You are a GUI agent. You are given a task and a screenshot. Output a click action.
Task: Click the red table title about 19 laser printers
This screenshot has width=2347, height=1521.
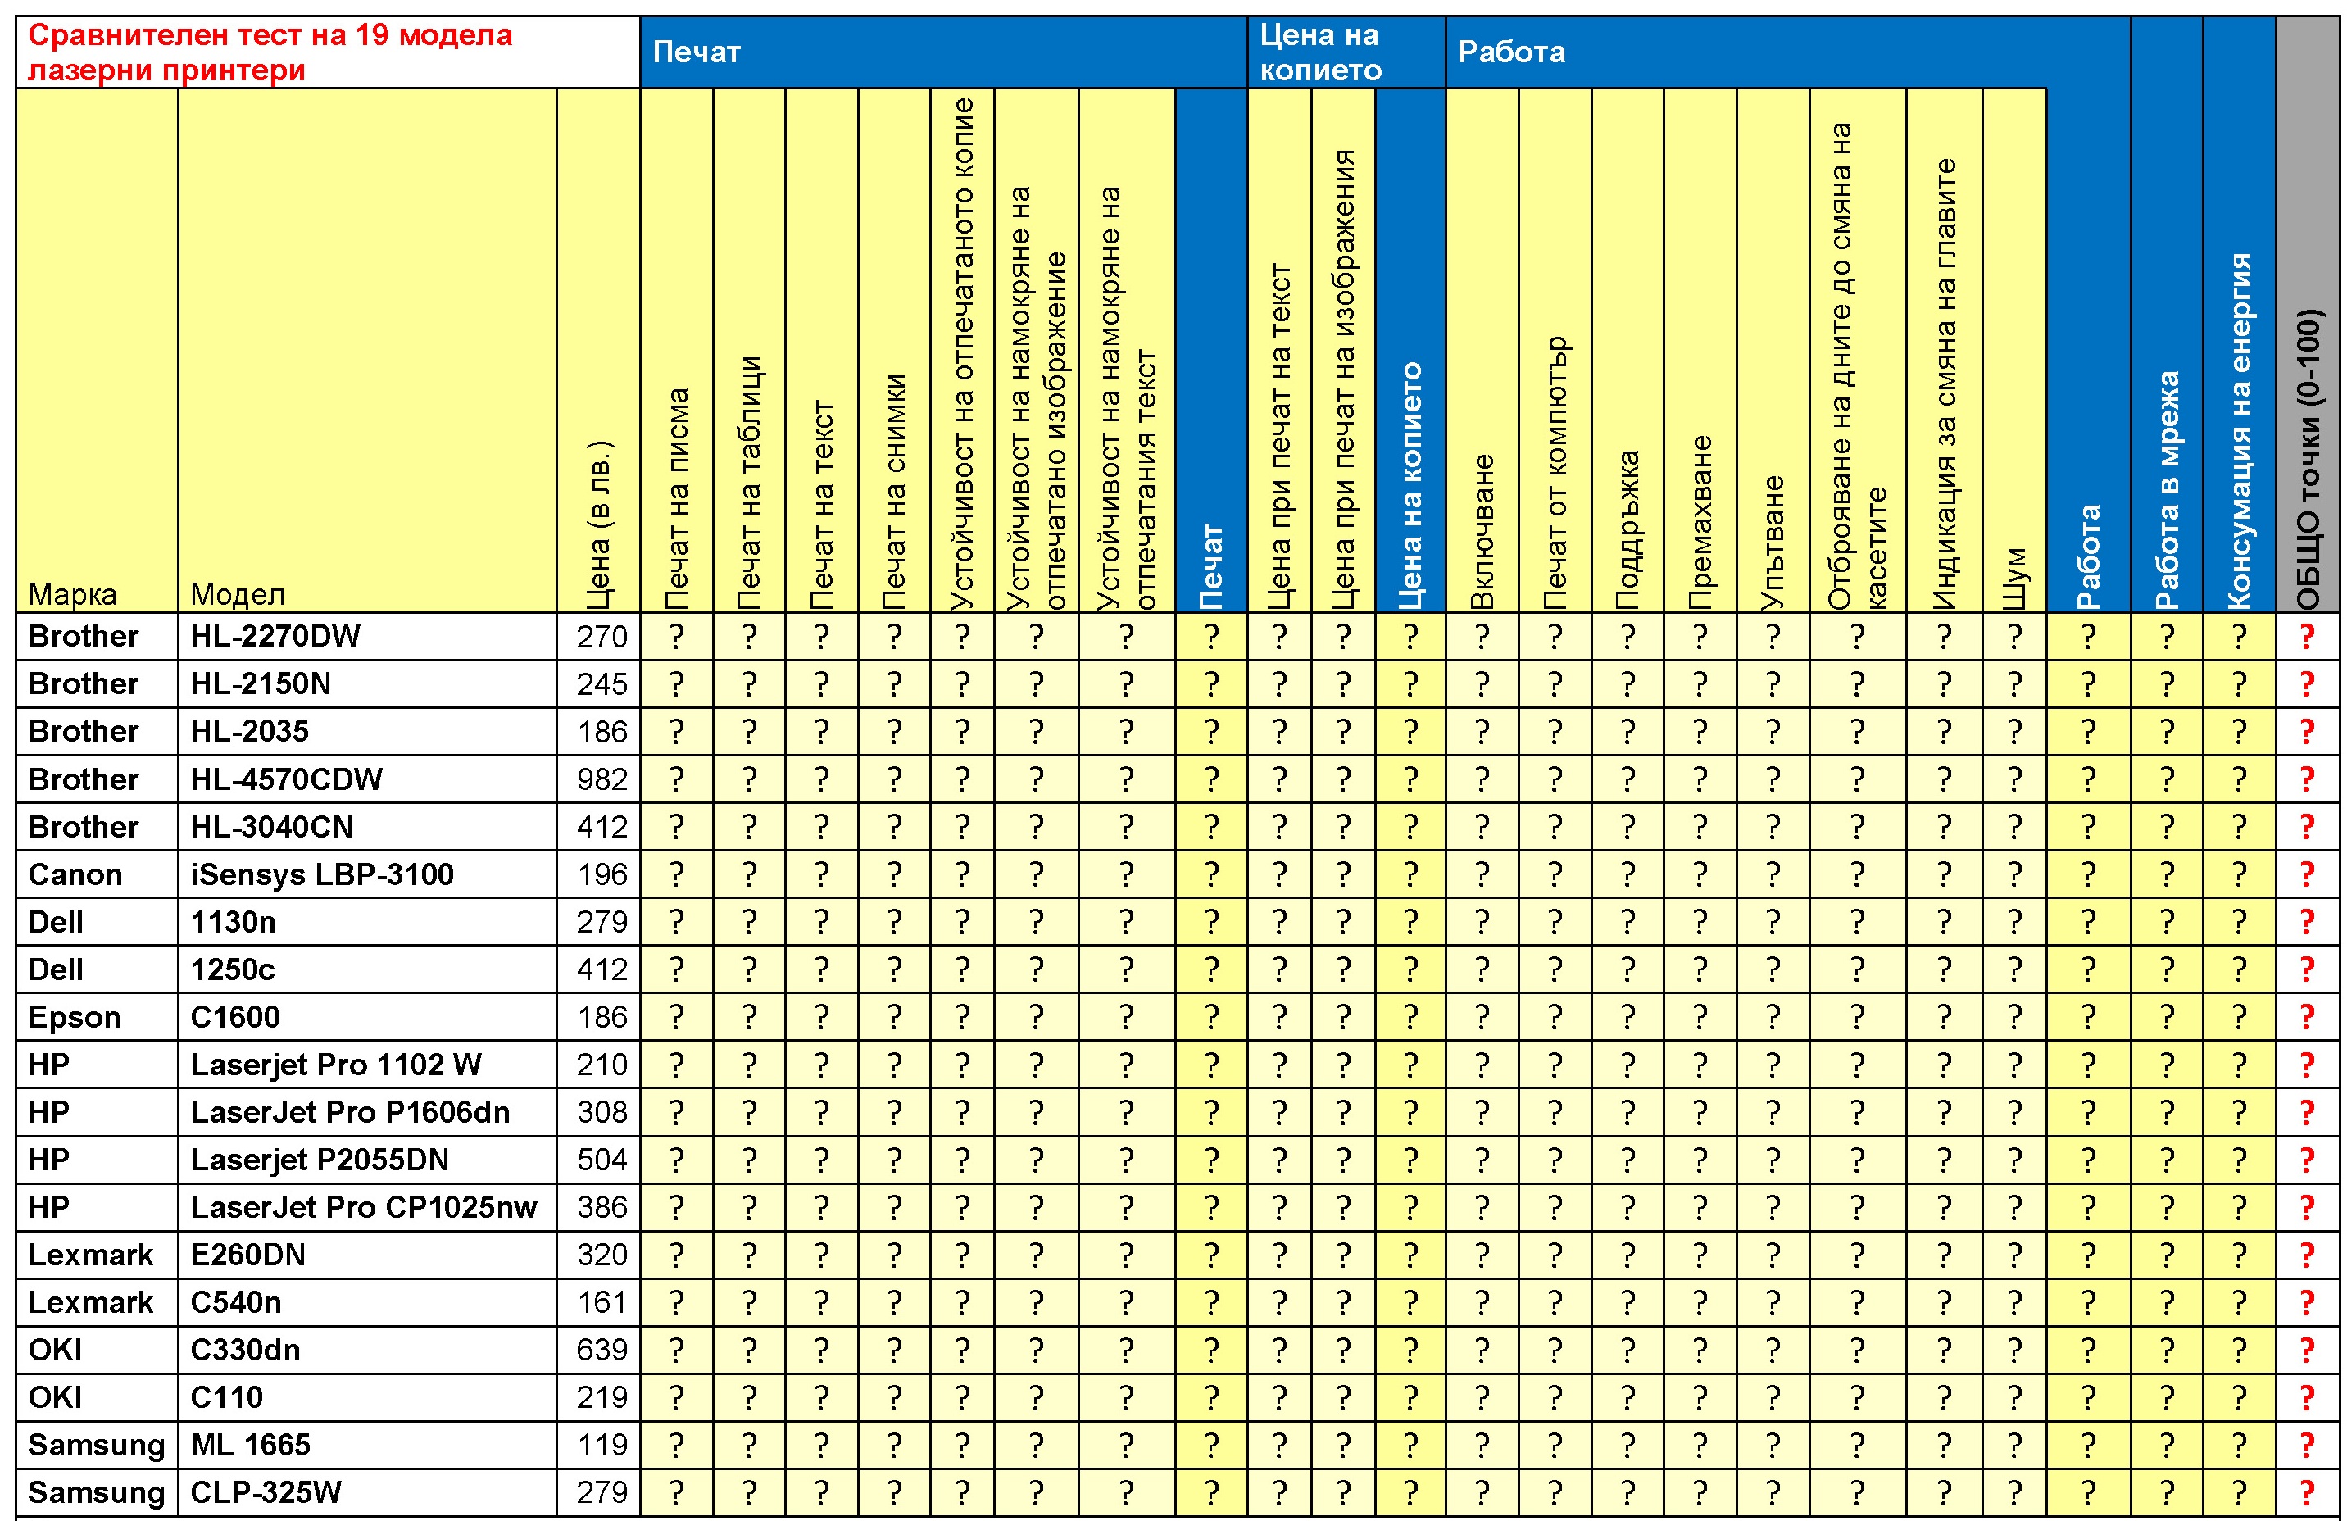[270, 52]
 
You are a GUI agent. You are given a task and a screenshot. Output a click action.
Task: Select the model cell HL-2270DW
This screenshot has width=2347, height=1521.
[275, 636]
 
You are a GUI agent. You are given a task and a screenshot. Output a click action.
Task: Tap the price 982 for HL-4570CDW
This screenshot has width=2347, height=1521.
[602, 779]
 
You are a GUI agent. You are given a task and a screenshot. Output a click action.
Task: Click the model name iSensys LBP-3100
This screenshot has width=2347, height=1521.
[321, 874]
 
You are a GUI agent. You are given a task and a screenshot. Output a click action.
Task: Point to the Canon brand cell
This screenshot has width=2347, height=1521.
[76, 874]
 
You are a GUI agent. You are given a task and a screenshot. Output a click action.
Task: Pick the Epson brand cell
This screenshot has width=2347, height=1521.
[75, 1017]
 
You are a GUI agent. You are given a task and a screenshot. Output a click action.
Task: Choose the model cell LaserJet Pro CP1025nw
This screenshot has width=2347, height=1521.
[364, 1207]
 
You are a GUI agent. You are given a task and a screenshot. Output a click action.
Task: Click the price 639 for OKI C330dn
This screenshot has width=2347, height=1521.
[602, 1350]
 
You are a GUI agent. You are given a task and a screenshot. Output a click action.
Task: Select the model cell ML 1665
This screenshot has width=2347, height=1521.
[251, 1445]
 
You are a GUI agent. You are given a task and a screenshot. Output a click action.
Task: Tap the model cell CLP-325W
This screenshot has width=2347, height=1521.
[266, 1492]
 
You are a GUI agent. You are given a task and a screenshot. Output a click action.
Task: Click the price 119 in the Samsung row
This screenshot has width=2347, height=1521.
[602, 1445]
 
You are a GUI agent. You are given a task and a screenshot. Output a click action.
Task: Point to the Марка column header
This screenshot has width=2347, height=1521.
[73, 594]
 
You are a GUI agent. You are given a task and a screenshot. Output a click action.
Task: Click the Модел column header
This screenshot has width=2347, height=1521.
[238, 594]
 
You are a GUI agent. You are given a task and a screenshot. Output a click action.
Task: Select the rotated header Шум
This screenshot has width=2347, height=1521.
[2014, 578]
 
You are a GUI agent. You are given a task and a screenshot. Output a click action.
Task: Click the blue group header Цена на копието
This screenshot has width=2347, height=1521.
[1320, 52]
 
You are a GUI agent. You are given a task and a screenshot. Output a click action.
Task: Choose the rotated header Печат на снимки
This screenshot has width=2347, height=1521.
[894, 490]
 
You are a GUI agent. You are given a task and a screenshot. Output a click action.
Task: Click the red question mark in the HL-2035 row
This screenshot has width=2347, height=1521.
[2307, 732]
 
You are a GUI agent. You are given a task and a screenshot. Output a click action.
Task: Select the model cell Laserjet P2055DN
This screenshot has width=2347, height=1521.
[320, 1160]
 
